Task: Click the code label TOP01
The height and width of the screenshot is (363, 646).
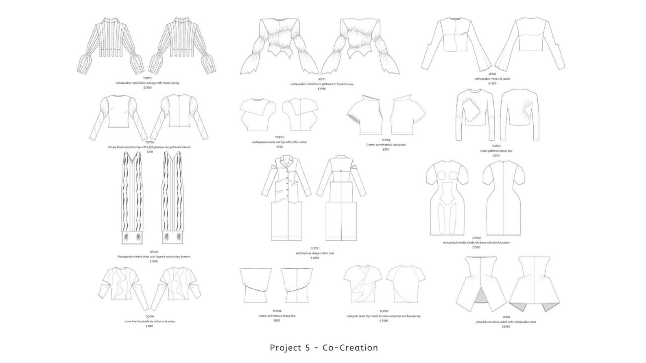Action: point(147,78)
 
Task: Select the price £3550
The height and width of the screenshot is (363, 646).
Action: point(147,87)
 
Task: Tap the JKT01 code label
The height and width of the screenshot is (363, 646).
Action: point(321,79)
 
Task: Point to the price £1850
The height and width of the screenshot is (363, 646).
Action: point(492,83)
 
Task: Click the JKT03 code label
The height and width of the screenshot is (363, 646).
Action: point(492,74)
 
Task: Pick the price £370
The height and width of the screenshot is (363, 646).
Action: point(149,152)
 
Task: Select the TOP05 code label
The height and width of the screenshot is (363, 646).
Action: point(279,137)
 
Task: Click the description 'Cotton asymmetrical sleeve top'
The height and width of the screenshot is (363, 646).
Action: point(386,145)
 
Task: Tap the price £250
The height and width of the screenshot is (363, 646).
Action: point(386,150)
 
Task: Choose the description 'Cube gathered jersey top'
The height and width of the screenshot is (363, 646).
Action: point(496,151)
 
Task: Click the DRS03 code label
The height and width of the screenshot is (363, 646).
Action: point(154,252)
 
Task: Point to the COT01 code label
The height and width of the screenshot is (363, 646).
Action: point(315,248)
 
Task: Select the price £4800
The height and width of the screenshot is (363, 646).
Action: point(315,258)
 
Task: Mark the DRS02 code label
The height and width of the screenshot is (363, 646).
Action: point(476,238)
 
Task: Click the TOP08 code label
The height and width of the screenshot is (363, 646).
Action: point(277,311)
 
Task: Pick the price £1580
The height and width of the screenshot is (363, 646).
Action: point(384,321)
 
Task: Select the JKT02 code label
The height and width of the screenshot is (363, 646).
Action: point(506,317)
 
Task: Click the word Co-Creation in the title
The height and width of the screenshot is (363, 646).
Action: point(350,348)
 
